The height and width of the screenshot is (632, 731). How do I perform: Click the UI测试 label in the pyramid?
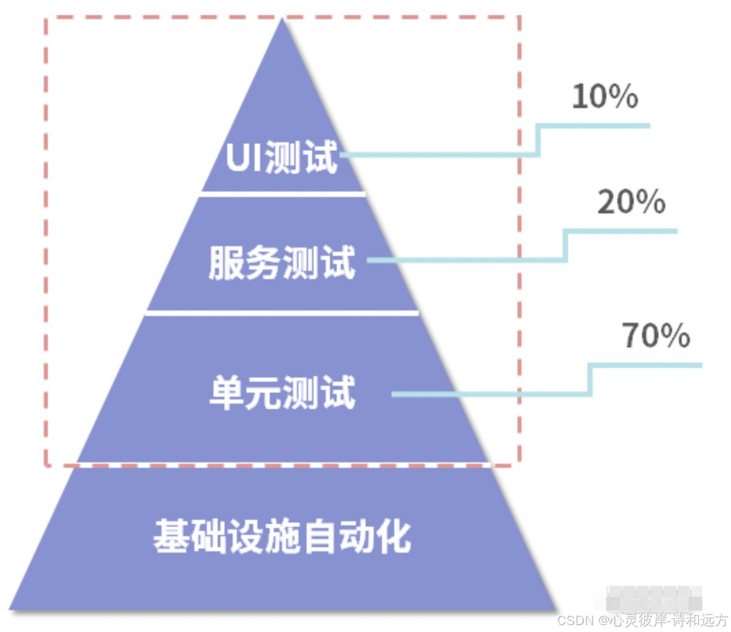point(282,158)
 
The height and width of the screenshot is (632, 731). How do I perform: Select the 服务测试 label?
point(282,263)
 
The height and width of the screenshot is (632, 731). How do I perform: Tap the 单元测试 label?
point(282,394)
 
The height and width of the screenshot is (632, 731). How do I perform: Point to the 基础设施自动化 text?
point(282,536)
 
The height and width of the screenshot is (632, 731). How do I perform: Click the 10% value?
point(604,96)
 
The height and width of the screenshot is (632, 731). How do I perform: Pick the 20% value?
point(631,202)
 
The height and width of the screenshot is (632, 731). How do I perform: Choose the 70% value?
point(656,336)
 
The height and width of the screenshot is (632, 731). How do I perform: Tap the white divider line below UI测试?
point(282,195)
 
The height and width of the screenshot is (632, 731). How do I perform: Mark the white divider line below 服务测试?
point(282,313)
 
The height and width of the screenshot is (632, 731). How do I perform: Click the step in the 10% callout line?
point(539,140)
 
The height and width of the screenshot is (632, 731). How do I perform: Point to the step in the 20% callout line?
point(565,246)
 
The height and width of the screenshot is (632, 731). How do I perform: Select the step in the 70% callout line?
point(590,380)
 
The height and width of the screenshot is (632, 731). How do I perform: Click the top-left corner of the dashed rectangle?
point(47,17)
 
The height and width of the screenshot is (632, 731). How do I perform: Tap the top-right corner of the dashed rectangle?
point(519,17)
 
